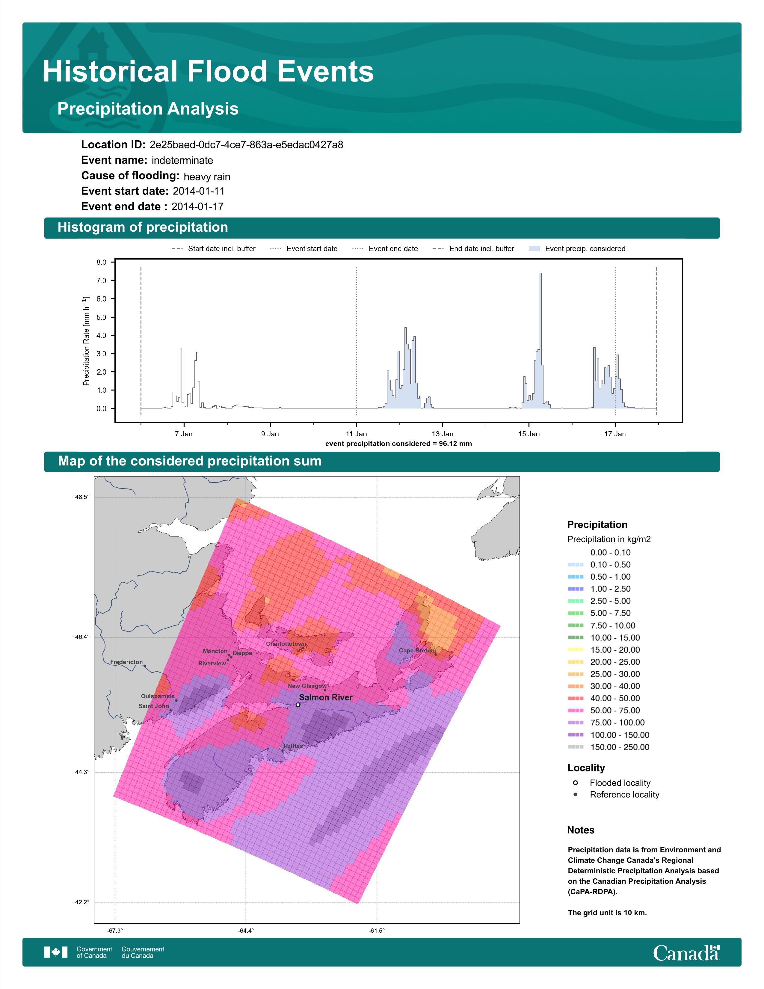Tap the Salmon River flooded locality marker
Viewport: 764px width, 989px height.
pos(298,705)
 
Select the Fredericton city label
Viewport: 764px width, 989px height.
pos(126,662)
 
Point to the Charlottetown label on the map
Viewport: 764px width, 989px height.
pos(286,644)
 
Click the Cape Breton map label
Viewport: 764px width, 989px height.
pos(416,650)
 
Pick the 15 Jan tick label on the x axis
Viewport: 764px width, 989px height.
pos(529,434)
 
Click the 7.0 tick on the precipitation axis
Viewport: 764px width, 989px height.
pos(101,281)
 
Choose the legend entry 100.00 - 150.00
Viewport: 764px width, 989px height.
pos(620,735)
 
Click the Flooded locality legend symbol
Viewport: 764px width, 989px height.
pos(575,783)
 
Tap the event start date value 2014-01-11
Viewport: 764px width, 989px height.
pos(199,191)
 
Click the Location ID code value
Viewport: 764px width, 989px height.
pos(246,145)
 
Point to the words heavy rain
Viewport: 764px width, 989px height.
pos(207,177)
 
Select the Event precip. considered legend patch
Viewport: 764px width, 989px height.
pos(535,249)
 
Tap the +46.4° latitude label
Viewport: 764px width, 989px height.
pos(81,637)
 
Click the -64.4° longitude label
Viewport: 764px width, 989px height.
pos(246,931)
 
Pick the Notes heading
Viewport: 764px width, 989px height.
pos(581,830)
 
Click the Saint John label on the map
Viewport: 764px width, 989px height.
pos(153,706)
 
